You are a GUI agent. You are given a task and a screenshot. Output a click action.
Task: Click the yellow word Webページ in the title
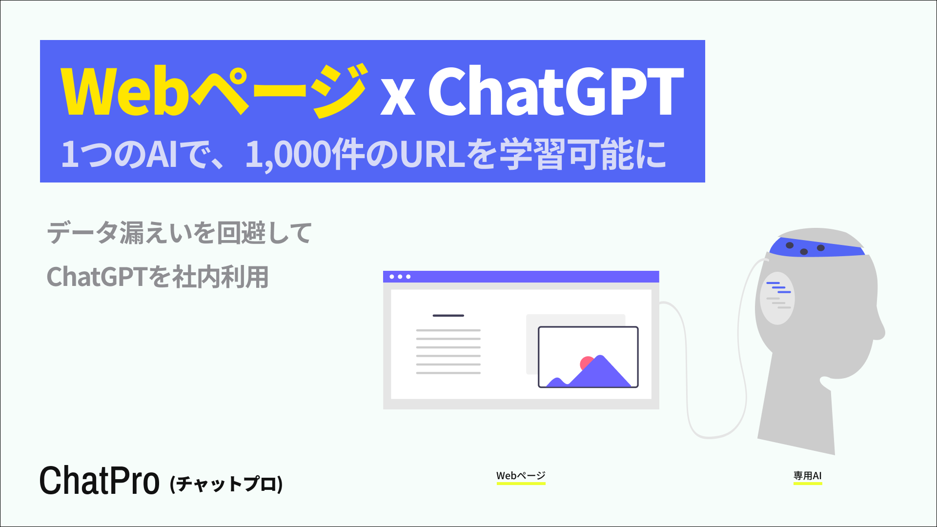(x=213, y=92)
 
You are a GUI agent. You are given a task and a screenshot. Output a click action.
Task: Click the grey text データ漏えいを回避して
(x=179, y=233)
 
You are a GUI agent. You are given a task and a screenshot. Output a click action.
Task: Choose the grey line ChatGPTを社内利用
(x=158, y=277)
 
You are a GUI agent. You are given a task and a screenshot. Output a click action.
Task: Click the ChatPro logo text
(x=99, y=481)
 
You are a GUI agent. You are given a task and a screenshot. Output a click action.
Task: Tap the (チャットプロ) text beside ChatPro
(x=226, y=484)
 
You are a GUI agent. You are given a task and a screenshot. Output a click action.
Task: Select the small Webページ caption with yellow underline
(x=521, y=476)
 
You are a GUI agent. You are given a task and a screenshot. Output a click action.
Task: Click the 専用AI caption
(x=807, y=476)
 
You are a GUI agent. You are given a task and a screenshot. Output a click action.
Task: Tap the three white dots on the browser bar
(x=400, y=277)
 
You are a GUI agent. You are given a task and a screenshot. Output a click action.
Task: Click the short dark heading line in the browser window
(x=448, y=316)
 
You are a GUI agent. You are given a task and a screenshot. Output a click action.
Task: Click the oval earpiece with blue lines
(x=777, y=298)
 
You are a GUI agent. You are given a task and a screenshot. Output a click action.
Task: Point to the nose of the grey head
(x=879, y=332)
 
